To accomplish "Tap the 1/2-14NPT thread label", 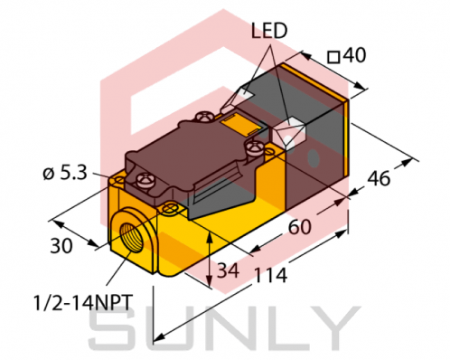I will coord(83,298).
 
